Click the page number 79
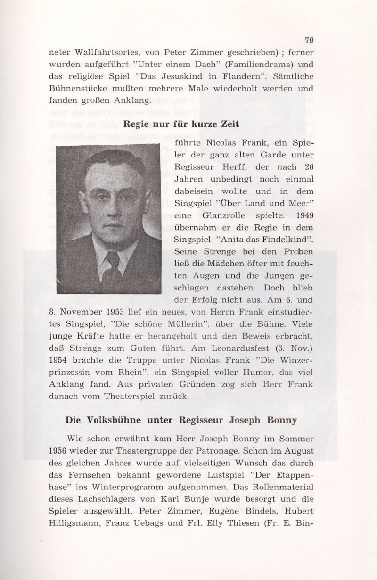click(309, 40)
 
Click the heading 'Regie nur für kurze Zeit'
click(181, 125)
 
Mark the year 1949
click(304, 216)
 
